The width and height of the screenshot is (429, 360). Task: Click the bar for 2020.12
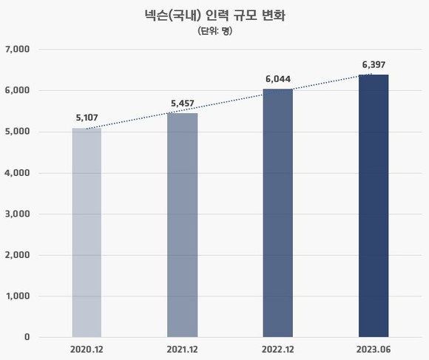click(87, 233)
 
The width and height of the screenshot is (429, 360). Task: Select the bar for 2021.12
click(183, 225)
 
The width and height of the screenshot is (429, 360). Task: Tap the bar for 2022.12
click(278, 213)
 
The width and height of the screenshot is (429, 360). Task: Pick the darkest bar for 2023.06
click(374, 206)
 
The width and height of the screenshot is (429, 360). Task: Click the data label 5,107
click(87, 118)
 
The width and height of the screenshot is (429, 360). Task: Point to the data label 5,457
click(183, 103)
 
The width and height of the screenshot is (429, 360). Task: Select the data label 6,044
click(278, 79)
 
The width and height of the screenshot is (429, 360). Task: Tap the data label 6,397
click(374, 65)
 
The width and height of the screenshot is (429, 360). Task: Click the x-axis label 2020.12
click(87, 350)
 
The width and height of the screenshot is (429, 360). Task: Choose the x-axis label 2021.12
click(182, 350)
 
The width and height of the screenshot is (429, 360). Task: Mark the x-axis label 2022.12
click(278, 350)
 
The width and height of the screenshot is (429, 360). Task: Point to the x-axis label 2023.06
click(374, 350)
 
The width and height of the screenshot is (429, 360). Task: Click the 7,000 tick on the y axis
click(18, 50)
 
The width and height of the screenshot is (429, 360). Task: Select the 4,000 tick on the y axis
click(17, 173)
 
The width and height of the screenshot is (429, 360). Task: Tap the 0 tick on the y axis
click(27, 337)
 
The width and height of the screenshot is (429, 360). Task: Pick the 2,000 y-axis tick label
click(17, 255)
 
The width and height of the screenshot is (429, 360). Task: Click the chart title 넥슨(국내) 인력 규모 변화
click(215, 16)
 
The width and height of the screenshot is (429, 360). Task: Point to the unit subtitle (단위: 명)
click(215, 31)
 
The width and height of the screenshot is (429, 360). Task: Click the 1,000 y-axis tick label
click(18, 296)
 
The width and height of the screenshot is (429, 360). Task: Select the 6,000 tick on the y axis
click(17, 90)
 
